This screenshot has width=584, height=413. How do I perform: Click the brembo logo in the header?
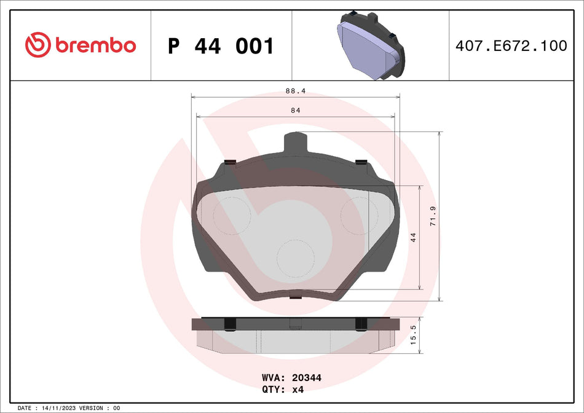pos(81,45)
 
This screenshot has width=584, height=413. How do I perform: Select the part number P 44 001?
pos(221,46)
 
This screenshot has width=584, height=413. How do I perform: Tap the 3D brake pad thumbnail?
pos(371,45)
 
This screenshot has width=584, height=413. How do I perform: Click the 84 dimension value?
pos(295,110)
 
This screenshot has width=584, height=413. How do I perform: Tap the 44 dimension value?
pos(413,237)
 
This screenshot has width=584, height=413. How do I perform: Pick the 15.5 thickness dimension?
pos(413,336)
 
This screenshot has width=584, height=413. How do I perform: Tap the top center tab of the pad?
pos(294,144)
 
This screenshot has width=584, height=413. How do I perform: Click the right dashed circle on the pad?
pos(359,216)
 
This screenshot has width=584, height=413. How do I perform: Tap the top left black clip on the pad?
pos(231,162)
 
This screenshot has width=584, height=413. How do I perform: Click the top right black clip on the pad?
pos(361,162)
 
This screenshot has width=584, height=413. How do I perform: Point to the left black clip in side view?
pos(230,323)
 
